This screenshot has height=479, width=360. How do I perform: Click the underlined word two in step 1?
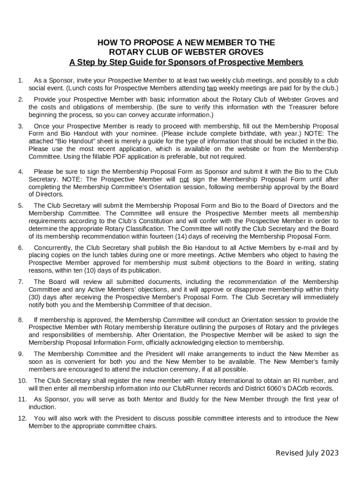[212, 88]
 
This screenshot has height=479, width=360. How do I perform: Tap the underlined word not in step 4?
[185, 179]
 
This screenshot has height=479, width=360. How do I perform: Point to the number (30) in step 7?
[36, 297]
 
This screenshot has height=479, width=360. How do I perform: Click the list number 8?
[21, 320]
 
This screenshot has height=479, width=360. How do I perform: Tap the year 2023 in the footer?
[329, 453]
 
